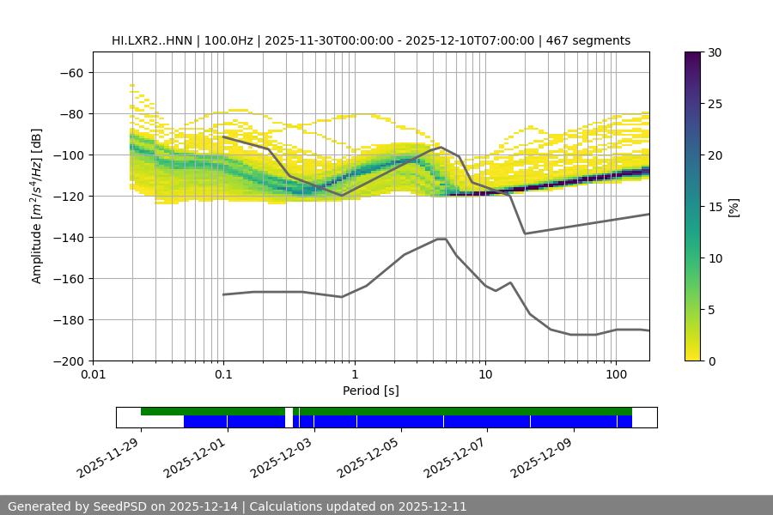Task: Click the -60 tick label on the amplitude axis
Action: pyautogui.click(x=73, y=73)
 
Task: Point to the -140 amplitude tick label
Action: pyautogui.click(x=70, y=238)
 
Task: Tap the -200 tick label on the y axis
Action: pyautogui.click(x=70, y=361)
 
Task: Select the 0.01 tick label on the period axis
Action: pyautogui.click(x=93, y=374)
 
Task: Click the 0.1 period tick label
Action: pyautogui.click(x=223, y=374)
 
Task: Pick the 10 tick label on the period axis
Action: pyautogui.click(x=484, y=374)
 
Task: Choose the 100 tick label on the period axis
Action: pyautogui.click(x=616, y=374)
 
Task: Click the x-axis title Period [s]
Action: pyautogui.click(x=370, y=391)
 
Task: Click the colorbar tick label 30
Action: pyautogui.click(x=714, y=53)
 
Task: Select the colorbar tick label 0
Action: pyautogui.click(x=710, y=361)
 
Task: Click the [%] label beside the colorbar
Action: pyautogui.click(x=733, y=207)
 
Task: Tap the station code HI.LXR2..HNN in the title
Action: pyautogui.click(x=151, y=40)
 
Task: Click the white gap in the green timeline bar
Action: pyautogui.click(x=289, y=412)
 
